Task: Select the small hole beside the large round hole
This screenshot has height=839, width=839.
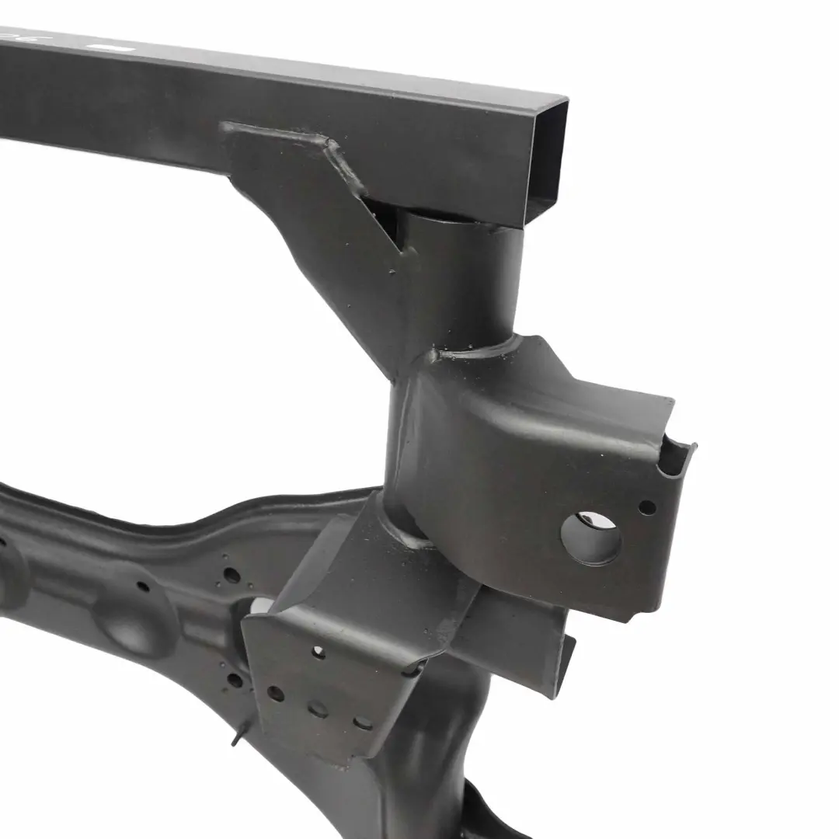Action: (646, 507)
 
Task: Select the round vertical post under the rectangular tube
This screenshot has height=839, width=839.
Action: (458, 280)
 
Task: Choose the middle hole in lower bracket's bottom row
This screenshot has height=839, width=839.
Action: (318, 708)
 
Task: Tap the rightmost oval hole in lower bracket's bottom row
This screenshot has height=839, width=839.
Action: (362, 723)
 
